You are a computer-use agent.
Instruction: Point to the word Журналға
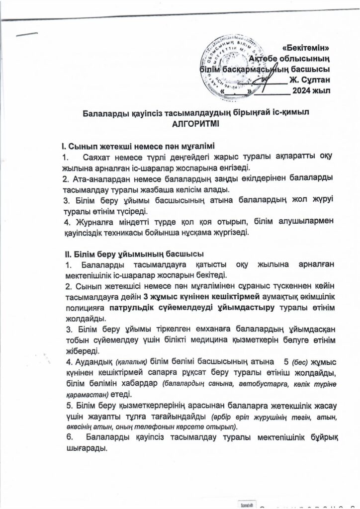click(88, 222)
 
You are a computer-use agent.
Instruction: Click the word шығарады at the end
click(84, 448)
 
